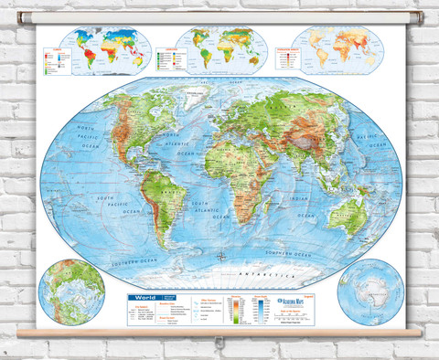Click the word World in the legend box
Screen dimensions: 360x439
pos(145,298)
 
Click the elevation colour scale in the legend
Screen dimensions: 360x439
pos(240,312)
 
